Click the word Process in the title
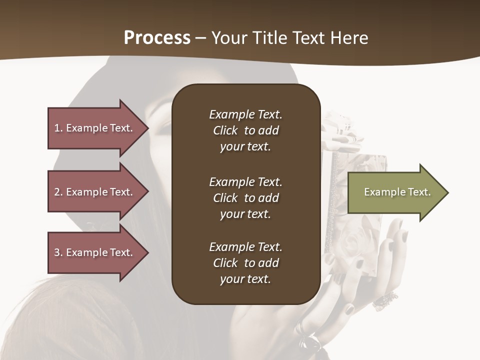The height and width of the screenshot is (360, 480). point(157,38)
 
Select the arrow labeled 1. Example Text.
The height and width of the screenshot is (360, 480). point(95,128)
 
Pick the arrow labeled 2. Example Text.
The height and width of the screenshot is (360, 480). point(95,192)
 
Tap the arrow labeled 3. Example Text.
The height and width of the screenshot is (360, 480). point(95,252)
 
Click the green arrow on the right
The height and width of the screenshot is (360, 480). point(395,192)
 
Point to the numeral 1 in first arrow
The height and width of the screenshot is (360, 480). point(56,128)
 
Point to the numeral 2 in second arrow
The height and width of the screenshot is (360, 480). point(57,192)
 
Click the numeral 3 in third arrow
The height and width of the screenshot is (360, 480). point(57,252)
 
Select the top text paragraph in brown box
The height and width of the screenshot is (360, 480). point(245,130)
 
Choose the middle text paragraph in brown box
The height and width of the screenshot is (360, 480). point(245,198)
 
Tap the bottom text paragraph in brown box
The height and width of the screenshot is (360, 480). point(245,263)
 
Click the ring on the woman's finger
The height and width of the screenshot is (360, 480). point(385,299)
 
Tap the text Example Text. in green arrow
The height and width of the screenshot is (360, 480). point(397,192)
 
